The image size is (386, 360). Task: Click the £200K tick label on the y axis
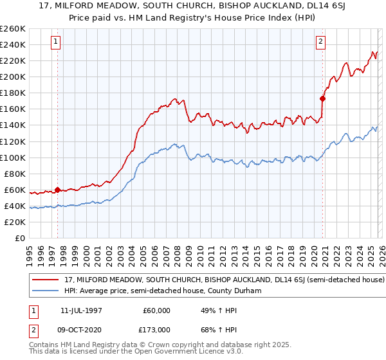tap(13, 76)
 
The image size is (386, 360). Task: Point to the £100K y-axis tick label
tap(13, 157)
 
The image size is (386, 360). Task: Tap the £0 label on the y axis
tap(19, 239)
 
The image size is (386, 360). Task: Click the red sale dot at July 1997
tap(57, 190)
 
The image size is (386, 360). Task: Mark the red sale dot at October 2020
tap(322, 98)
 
